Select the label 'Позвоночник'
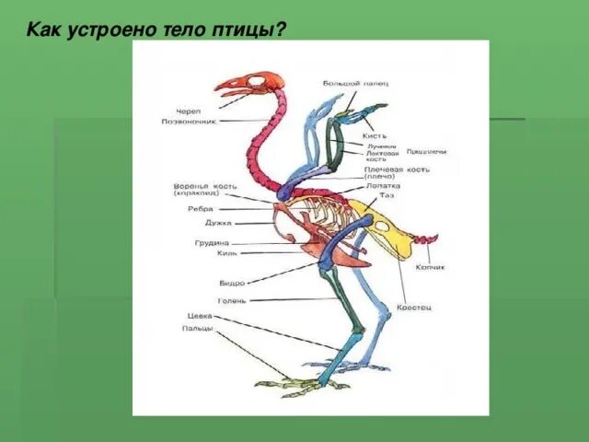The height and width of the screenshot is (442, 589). coord(188,121)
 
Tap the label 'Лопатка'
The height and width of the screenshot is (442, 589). coord(383,185)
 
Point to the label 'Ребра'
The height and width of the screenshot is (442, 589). coord(201,209)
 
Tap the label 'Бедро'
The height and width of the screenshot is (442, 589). coord(232,284)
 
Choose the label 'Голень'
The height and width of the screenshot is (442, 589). coord(233,300)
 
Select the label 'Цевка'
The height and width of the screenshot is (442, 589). coord(200,316)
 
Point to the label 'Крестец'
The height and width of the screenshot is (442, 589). coord(414,307)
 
